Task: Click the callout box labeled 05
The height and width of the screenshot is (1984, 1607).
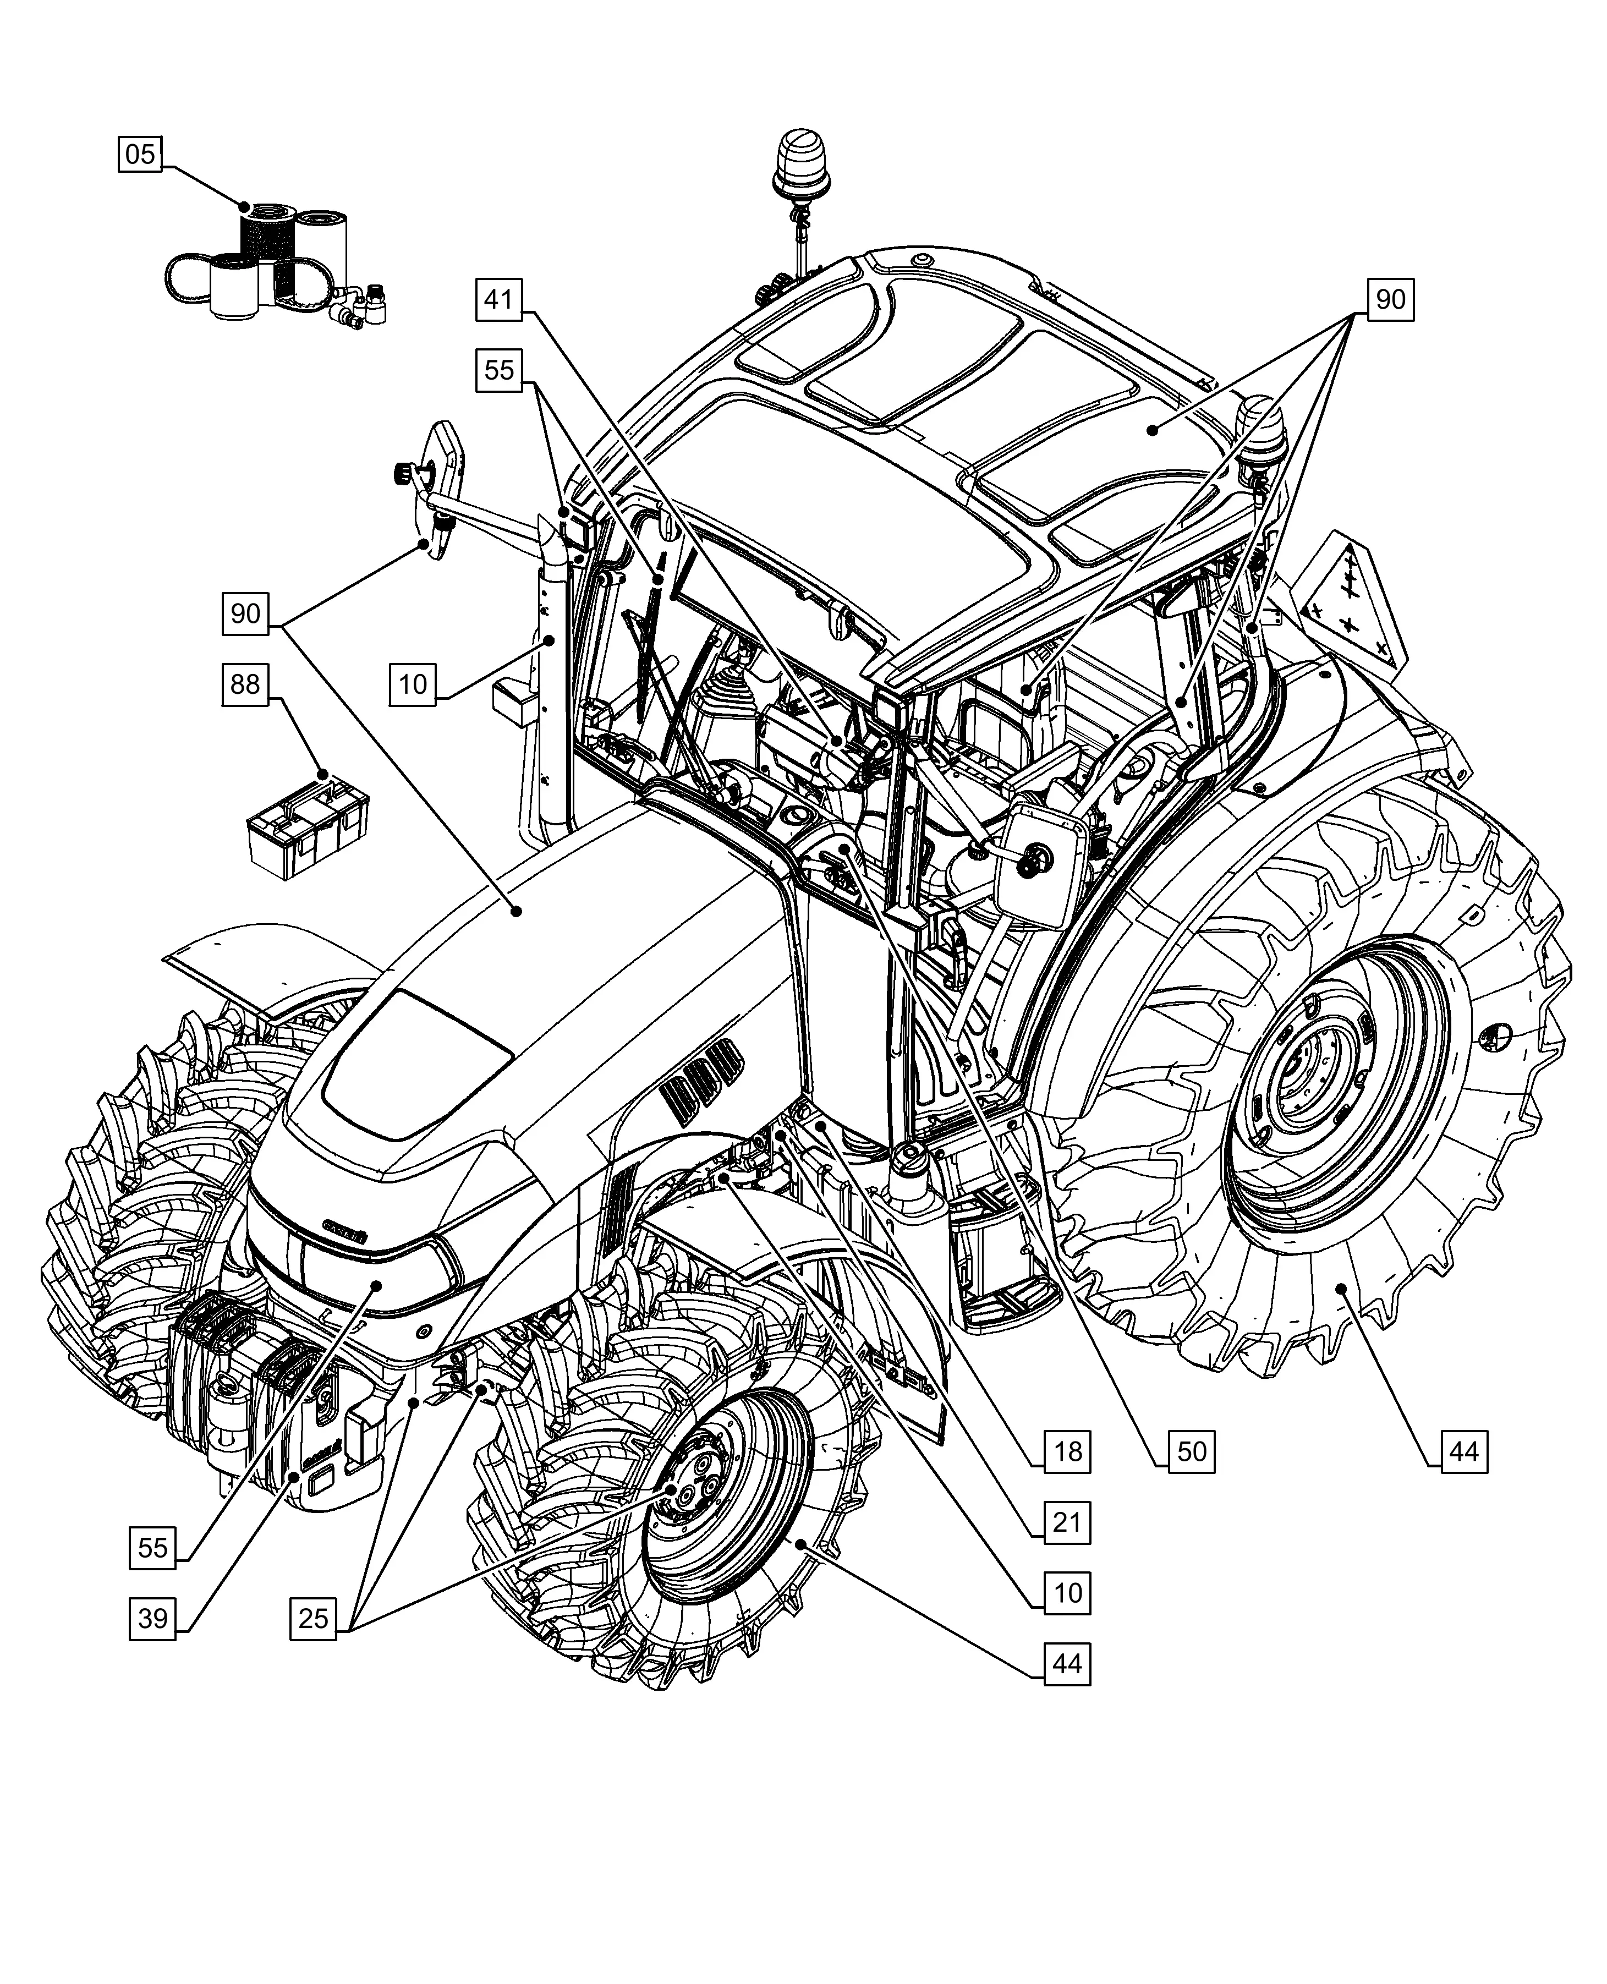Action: (140, 154)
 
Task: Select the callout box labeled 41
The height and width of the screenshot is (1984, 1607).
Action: (499, 299)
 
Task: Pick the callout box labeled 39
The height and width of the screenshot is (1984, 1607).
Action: (153, 1618)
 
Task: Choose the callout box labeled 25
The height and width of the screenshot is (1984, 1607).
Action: (314, 1618)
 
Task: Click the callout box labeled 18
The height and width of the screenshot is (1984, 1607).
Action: (1067, 1451)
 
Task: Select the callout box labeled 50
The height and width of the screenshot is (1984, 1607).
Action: (1192, 1451)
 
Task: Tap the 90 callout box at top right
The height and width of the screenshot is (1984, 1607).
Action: (1390, 299)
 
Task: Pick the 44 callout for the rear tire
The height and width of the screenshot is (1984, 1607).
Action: (1463, 1451)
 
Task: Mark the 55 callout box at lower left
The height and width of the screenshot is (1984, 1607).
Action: (153, 1547)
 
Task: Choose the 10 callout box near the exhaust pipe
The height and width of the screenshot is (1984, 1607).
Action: (412, 684)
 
